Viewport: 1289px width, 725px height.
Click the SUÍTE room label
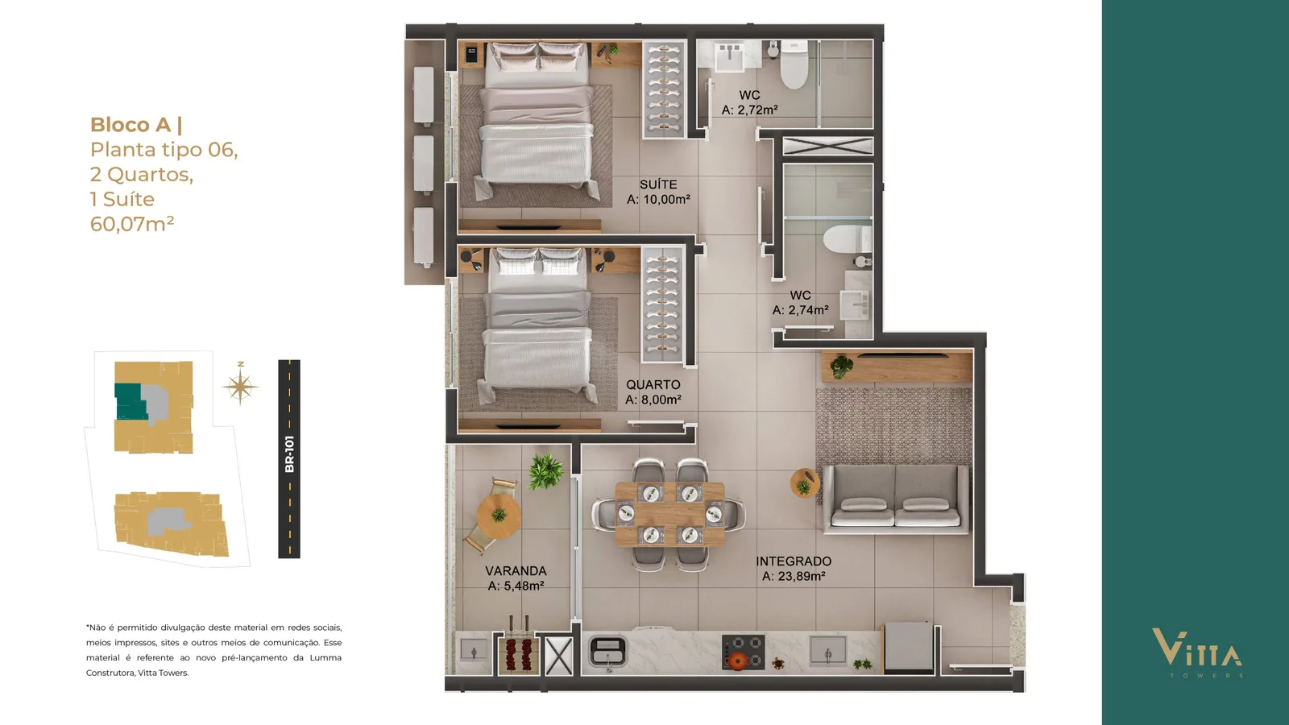658,184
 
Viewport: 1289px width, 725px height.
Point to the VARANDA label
516,571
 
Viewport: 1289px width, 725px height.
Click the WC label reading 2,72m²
750,95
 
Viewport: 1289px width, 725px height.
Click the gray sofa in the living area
895,499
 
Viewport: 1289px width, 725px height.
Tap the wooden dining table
669,514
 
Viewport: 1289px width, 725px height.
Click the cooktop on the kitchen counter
744,652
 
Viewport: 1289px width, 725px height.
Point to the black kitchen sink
607,652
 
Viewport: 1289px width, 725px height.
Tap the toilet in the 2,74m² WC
847,239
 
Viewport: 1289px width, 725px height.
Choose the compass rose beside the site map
241,386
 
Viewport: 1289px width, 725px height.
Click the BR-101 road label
289,454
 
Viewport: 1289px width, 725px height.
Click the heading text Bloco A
131,125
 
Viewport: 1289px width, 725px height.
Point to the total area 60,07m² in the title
132,223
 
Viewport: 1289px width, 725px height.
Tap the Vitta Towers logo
1197,652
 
